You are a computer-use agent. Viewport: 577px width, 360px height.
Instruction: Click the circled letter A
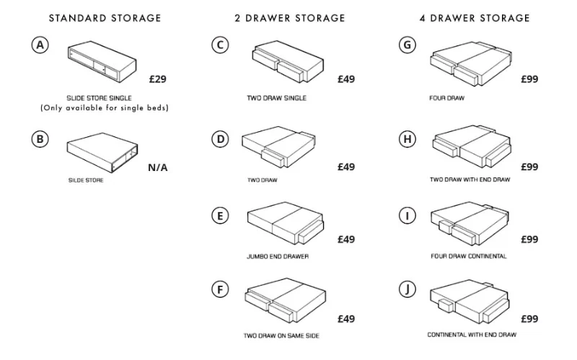(40, 45)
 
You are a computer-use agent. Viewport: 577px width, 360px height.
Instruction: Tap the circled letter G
(407, 45)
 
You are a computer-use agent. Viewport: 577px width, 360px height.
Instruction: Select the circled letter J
(407, 289)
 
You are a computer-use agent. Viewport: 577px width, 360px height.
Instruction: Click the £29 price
(158, 79)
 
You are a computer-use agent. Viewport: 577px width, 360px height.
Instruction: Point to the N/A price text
(158, 167)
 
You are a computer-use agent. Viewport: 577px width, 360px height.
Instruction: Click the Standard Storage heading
(105, 18)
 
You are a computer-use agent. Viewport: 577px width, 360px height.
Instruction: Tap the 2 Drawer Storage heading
(290, 18)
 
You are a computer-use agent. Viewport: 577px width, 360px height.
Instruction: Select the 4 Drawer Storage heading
(475, 18)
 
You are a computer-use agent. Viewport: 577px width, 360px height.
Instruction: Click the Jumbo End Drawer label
(278, 257)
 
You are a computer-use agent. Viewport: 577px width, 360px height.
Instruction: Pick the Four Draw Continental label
(468, 256)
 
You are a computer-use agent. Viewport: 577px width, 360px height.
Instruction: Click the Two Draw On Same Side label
(281, 335)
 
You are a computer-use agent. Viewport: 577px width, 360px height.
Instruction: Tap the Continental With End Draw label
(472, 335)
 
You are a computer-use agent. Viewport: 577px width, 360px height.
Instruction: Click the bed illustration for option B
(102, 152)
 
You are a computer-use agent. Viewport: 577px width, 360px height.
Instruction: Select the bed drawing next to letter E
(286, 223)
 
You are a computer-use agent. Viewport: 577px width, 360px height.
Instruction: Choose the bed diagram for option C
(288, 61)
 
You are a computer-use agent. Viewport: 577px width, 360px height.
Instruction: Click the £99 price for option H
(529, 167)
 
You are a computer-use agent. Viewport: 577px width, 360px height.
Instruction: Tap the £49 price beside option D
(346, 167)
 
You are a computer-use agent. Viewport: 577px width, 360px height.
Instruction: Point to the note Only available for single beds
(105, 107)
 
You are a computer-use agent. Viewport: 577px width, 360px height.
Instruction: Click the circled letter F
(220, 289)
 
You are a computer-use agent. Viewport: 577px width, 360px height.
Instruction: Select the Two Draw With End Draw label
(470, 180)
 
